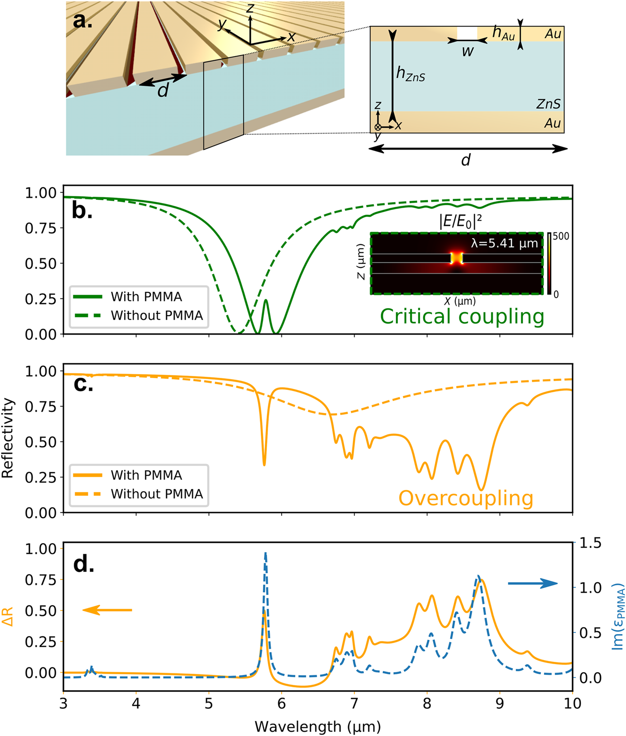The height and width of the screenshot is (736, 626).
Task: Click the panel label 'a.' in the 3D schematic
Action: tap(83, 21)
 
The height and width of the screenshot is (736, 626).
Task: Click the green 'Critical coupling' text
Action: tap(462, 317)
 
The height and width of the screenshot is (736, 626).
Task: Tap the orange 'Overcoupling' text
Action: tap(466, 498)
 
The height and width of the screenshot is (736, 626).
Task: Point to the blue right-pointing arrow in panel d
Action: tap(533, 584)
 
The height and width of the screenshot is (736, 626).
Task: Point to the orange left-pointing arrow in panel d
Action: tap(107, 610)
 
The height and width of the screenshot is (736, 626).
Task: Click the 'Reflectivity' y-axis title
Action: tap(8, 438)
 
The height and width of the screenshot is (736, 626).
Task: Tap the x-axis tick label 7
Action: tap(354, 704)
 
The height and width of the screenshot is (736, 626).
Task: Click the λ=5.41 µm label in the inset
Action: tap(504, 243)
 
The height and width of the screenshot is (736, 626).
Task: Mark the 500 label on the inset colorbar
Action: tap(561, 236)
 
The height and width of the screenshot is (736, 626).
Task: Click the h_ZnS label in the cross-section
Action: tap(410, 74)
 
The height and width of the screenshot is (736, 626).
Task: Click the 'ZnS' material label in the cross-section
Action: tap(548, 104)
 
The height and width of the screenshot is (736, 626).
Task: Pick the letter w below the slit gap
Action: tap(467, 51)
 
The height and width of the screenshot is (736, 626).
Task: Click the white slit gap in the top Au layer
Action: tap(467, 33)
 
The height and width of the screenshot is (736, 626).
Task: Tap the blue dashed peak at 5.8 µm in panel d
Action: tap(266, 553)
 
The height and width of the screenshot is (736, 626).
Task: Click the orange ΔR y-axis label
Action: tap(8, 616)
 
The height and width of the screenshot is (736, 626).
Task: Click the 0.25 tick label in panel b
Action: tap(40, 299)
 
